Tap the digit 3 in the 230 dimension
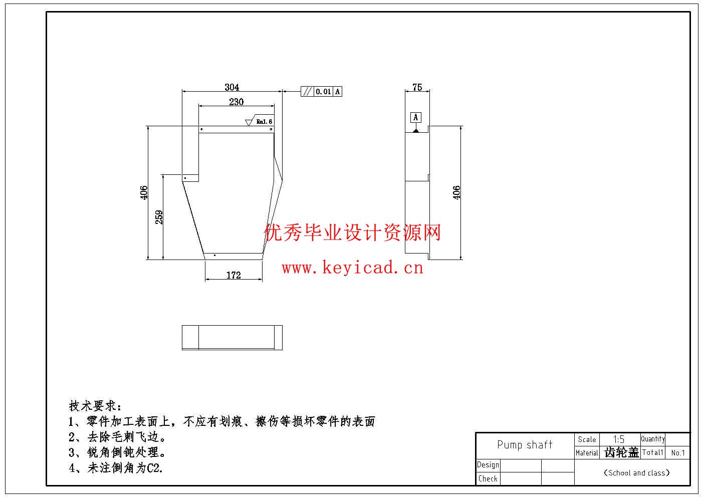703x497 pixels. click(x=237, y=102)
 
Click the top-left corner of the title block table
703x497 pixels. click(x=476, y=433)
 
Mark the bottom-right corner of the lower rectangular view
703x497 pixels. click(x=282, y=350)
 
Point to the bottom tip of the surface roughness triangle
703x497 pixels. click(x=249, y=126)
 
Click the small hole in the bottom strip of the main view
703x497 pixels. click(x=215, y=256)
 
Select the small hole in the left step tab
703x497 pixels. click(x=185, y=178)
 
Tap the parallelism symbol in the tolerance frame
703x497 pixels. click(x=307, y=92)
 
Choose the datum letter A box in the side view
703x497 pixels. click(x=416, y=117)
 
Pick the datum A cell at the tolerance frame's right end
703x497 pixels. click(x=337, y=92)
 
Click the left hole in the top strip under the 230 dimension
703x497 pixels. click(x=202, y=129)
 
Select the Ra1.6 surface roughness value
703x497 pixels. click(x=264, y=121)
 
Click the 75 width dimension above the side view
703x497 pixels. click(x=417, y=87)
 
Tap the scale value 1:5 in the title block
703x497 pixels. click(x=619, y=439)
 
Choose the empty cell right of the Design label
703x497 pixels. click(x=521, y=465)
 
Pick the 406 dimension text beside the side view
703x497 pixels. click(x=456, y=192)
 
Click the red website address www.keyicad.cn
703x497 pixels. click(x=352, y=268)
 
